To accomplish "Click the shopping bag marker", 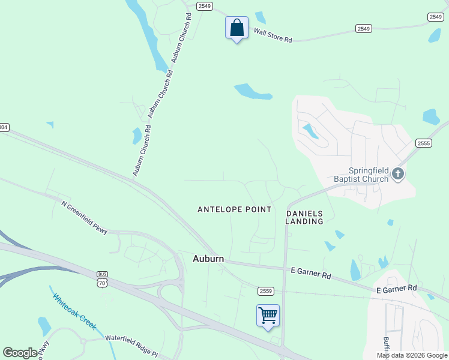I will click(237, 28).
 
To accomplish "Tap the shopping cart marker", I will click(268, 316).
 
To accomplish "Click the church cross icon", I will click(397, 175).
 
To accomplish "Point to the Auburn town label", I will click(208, 259).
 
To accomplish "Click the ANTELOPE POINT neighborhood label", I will click(235, 209).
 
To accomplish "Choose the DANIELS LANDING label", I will click(304, 217).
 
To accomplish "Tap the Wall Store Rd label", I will click(273, 35).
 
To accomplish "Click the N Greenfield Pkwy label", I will click(84, 217).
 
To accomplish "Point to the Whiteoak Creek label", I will click(74, 311).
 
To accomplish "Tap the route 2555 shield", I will click(424, 143).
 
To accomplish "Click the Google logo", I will click(20, 352).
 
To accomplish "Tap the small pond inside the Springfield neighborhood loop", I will click(310, 131).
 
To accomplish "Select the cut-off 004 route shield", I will click(4, 127).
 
